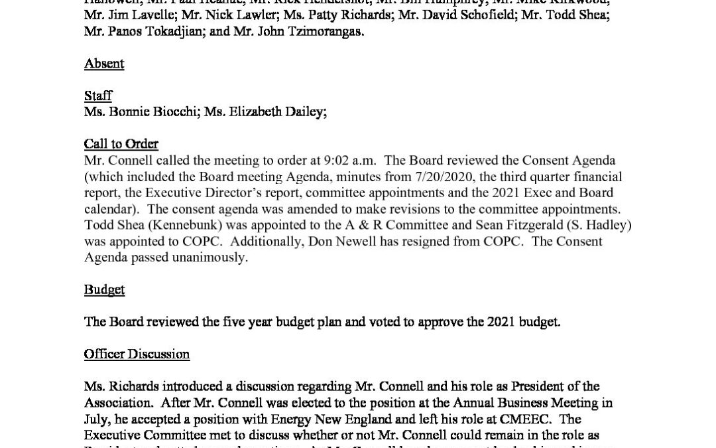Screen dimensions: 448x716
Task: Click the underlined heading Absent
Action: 104,64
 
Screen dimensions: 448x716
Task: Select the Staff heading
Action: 98,96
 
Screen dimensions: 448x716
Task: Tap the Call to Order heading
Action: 121,144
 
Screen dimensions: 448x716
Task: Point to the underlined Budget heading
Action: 104,289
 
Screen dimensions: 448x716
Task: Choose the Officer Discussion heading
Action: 137,354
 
